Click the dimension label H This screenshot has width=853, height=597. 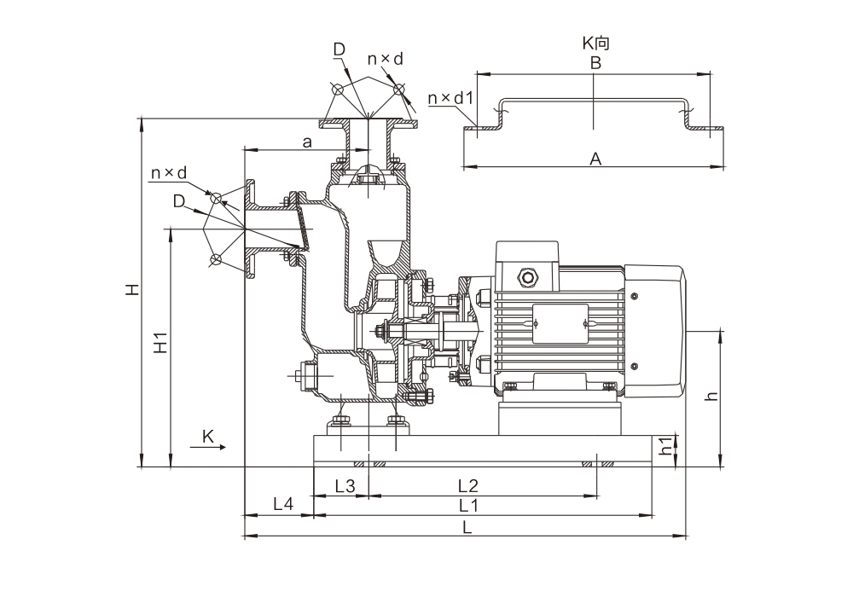pos(132,290)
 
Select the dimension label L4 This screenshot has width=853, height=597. pos(283,504)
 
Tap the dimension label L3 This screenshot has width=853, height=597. pos(345,486)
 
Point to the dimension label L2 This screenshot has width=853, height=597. pos(468,486)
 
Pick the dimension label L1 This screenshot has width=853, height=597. pos(468,505)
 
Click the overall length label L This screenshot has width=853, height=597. pos(467,527)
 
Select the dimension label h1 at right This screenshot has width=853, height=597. pos(667,447)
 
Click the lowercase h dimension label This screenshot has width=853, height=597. pos(712,395)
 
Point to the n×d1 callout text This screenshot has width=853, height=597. pos(450,99)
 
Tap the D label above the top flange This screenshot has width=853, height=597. pos(339,51)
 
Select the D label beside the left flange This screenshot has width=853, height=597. pos(178,201)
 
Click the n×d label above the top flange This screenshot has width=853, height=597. pos(385,58)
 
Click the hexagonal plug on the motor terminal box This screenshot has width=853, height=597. pos(526,276)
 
